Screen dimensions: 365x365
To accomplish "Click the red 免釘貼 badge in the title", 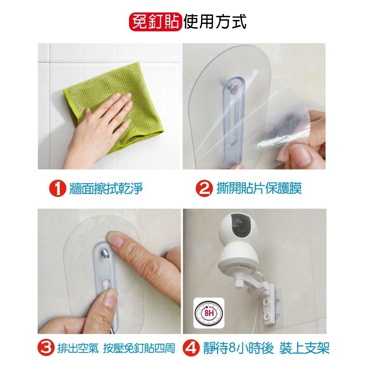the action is click(156, 22).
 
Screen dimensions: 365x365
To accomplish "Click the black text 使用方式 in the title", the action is click(215, 22).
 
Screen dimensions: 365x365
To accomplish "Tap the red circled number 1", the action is click(58, 188).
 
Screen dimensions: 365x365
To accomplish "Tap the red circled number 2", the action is click(204, 188).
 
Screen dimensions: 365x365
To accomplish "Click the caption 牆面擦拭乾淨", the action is click(106, 188).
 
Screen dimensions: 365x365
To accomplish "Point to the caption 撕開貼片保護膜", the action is click(259, 188).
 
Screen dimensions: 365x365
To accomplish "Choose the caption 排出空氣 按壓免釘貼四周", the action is click(116, 348).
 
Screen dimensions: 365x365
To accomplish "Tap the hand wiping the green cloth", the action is click(98, 131).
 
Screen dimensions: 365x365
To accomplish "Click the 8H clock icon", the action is click(209, 313).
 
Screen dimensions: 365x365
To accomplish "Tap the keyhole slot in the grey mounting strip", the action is click(107, 285).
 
